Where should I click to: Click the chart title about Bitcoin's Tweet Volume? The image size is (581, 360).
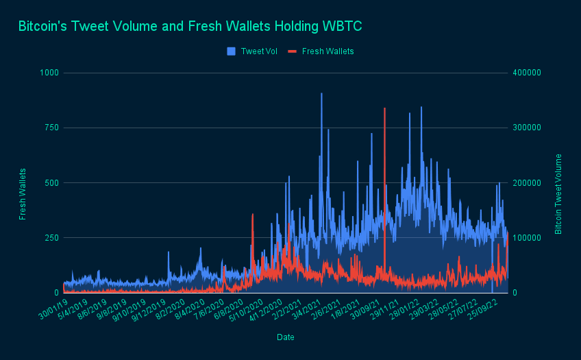tap(190, 27)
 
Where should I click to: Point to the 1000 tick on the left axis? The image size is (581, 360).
tap(51, 73)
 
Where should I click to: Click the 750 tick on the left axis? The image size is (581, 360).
tap(53, 128)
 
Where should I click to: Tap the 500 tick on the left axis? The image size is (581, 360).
tap(53, 182)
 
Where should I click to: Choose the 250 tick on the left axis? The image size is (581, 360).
tap(53, 237)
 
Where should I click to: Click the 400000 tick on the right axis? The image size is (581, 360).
tap(528, 73)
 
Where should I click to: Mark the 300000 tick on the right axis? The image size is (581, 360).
tap(528, 128)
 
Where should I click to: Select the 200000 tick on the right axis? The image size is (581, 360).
tap(528, 182)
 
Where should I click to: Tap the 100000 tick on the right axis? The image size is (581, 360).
tap(528, 237)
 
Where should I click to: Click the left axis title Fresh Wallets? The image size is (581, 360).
tap(23, 193)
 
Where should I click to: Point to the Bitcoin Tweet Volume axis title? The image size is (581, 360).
tap(558, 193)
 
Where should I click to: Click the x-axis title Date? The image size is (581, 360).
tap(286, 337)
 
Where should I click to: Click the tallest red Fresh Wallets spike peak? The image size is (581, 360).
tap(384, 108)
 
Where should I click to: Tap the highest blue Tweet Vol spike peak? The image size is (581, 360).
tap(321, 93)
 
